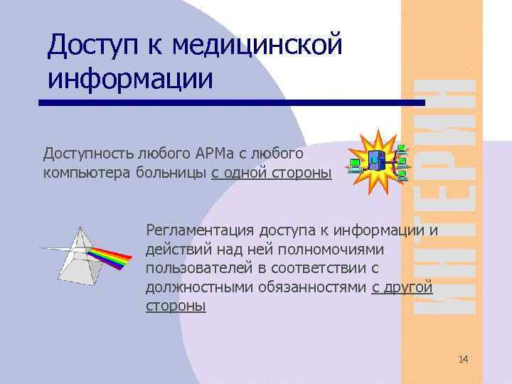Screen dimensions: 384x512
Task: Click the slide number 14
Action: pyautogui.click(x=464, y=359)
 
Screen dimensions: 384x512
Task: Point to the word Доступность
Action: pyautogui.click(x=87, y=154)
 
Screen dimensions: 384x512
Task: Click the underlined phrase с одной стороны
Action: pyautogui.click(x=271, y=172)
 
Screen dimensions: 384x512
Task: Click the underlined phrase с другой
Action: pyautogui.click(x=402, y=287)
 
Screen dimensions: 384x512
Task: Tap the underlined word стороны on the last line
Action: pyautogui.click(x=176, y=306)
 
